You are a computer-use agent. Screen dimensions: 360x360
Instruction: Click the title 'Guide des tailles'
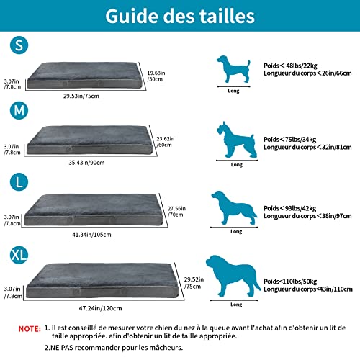point(180,16)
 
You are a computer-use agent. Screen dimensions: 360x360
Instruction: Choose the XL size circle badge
point(21,255)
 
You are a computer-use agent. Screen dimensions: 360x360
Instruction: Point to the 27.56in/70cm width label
point(176,210)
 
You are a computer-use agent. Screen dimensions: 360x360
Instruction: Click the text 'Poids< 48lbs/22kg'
point(289,64)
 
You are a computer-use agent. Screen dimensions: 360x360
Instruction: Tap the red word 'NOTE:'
point(28,328)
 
